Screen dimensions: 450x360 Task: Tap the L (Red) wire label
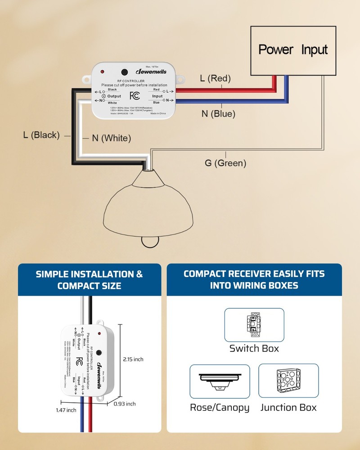pos(215,78)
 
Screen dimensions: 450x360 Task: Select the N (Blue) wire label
pos(218,114)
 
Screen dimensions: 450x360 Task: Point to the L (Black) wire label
pos(41,135)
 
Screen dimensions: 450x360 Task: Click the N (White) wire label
pos(111,138)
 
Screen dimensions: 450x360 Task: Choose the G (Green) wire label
pos(225,163)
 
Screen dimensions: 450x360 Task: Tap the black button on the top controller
pos(124,72)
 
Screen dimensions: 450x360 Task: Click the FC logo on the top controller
pos(135,95)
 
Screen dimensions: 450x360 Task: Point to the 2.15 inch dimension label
pos(133,359)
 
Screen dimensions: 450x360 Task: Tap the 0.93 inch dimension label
pos(125,404)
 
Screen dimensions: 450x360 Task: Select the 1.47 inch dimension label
pos(66,410)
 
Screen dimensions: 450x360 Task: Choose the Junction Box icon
pos(288,382)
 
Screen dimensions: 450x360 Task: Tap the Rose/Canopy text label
pos(220,408)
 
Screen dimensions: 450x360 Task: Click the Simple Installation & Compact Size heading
pos(89,279)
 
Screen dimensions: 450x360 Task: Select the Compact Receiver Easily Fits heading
pos(254,279)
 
